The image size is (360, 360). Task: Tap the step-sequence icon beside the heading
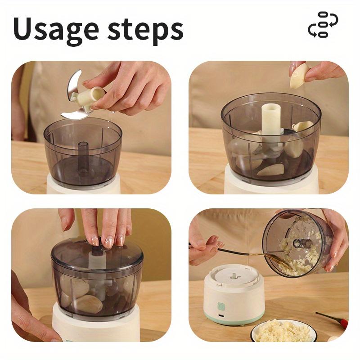click(323, 25)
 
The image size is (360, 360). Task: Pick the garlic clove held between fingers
click(300, 75)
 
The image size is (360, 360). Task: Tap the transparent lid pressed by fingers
click(96, 257)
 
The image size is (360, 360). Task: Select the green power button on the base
click(221, 306)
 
